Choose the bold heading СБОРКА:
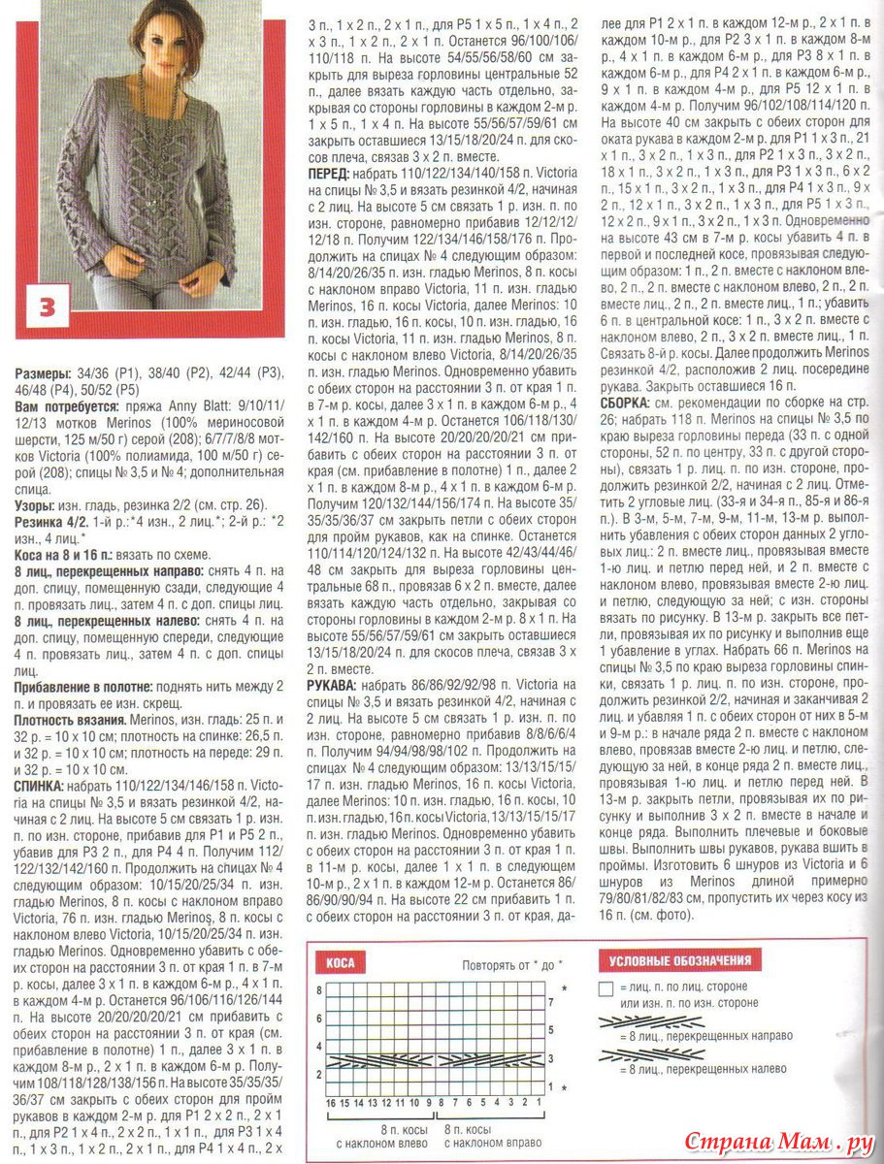pos(627,401)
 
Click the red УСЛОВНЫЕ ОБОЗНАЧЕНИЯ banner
pos(679,961)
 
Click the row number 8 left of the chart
pos(318,988)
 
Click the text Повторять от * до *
pos(511,965)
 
